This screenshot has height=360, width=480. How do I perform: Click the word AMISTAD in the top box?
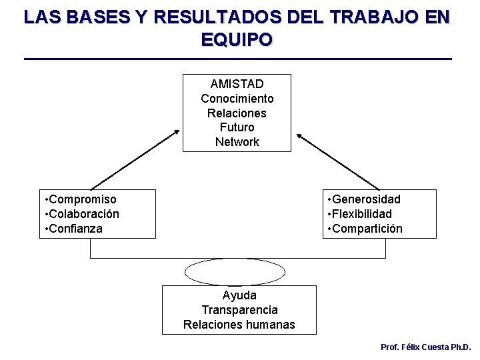237,84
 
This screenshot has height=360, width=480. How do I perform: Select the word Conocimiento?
237,99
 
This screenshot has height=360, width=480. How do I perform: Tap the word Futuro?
237,127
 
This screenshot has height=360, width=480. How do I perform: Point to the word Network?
237,142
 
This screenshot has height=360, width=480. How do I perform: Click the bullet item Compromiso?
82,199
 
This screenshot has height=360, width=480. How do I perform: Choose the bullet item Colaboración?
83,214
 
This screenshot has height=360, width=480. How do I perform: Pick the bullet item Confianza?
75,229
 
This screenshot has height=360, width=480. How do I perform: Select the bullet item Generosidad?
366,199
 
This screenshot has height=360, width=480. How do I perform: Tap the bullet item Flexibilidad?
361,214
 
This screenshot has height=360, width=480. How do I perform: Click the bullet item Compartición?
367,229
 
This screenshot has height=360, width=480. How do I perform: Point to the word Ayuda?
239,295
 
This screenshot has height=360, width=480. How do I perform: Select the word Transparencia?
239,310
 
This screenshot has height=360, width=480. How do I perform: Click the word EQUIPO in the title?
237,39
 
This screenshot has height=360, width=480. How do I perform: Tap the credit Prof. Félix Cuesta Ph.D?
425,347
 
